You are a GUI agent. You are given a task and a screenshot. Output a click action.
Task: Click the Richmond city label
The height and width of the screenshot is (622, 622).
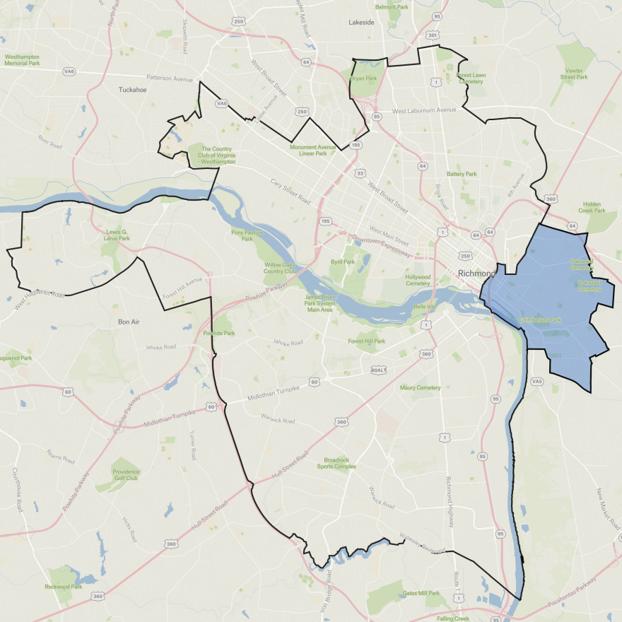pyautogui.click(x=478, y=274)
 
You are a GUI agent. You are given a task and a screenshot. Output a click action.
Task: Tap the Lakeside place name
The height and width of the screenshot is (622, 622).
pyautogui.click(x=361, y=23)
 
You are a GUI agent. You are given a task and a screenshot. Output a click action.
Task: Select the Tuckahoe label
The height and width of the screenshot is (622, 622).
pyautogui.click(x=131, y=90)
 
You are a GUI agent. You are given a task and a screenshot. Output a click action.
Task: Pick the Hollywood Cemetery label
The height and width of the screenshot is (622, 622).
pyautogui.click(x=418, y=280)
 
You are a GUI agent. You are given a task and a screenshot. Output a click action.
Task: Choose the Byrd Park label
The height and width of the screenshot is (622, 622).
pyautogui.click(x=341, y=262)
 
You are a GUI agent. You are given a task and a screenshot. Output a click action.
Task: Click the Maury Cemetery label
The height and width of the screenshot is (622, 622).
pyautogui.click(x=420, y=387)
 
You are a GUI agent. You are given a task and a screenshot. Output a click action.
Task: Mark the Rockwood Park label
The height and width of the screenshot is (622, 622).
pyautogui.click(x=64, y=587)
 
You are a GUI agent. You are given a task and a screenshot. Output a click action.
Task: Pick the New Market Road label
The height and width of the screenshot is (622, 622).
pyautogui.click(x=608, y=510)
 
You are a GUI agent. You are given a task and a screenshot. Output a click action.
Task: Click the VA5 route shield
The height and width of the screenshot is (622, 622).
pyautogui.click(x=537, y=382)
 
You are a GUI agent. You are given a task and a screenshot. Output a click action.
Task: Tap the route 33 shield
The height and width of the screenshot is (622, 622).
pyautogui.click(x=360, y=173)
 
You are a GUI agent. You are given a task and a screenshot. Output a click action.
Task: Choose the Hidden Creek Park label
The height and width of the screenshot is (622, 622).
pyautogui.click(x=592, y=206)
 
